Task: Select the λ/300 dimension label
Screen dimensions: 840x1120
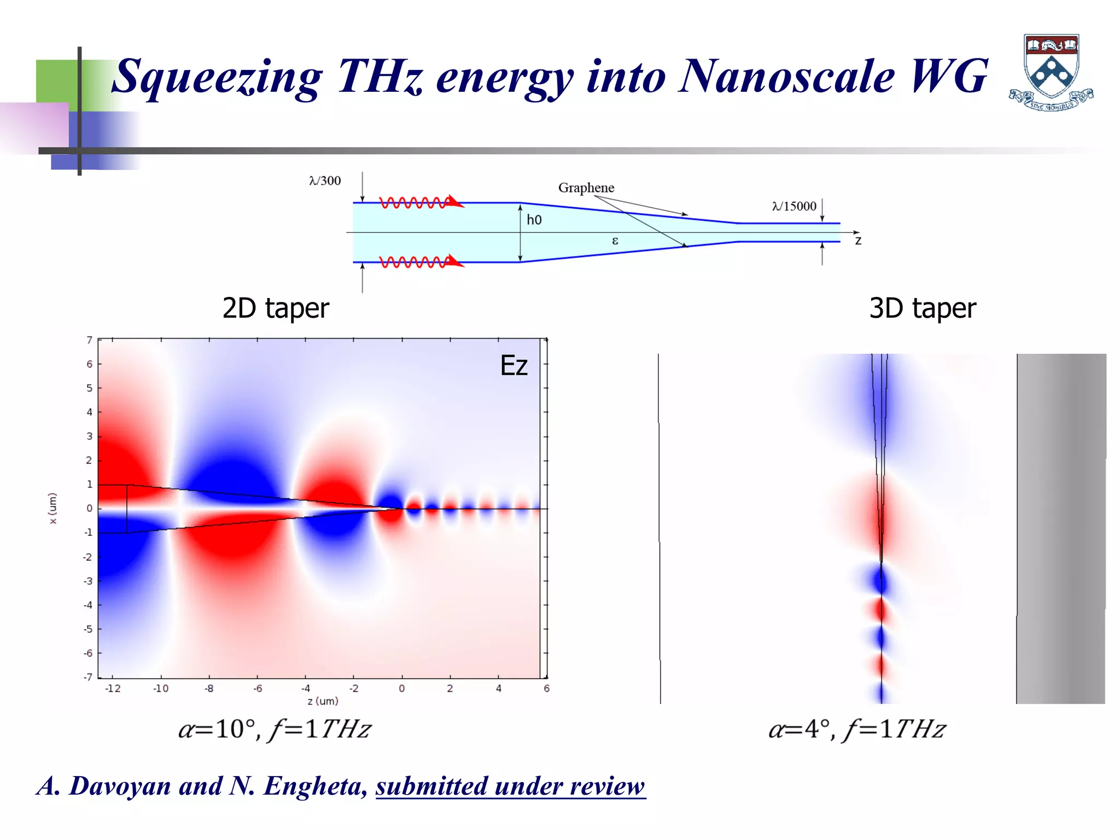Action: [325, 181]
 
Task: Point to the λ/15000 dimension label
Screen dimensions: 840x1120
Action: [794, 206]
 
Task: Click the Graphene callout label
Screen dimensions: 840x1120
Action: [586, 188]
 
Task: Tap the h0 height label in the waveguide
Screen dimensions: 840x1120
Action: [534, 220]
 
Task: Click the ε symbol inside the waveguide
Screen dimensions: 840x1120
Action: [615, 241]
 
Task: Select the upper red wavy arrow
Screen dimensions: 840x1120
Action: [421, 202]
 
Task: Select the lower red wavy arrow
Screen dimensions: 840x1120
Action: [421, 262]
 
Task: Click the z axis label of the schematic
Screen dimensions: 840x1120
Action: [858, 241]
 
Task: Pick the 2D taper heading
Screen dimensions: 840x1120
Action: [276, 308]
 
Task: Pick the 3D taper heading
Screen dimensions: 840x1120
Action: [922, 308]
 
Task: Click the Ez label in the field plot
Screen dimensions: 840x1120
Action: [514, 366]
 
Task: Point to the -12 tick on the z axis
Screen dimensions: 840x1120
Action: [113, 689]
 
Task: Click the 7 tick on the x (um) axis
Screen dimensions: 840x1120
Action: [90, 340]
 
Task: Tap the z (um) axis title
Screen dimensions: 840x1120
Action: [323, 701]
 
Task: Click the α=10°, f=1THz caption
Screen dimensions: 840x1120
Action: [275, 730]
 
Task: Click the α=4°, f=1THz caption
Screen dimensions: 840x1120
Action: [857, 730]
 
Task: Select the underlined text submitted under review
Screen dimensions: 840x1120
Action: [510, 786]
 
